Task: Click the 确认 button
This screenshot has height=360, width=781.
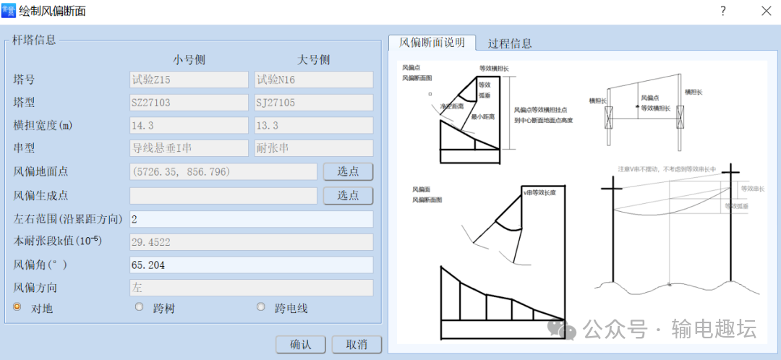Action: (x=300, y=344)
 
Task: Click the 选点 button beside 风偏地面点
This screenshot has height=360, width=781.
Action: (x=348, y=171)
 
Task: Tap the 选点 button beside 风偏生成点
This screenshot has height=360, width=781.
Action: (x=348, y=195)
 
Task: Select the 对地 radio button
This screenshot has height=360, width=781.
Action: (x=17, y=307)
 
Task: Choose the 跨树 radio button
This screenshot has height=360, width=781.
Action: (x=140, y=307)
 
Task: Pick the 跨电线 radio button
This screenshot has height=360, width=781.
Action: (x=261, y=307)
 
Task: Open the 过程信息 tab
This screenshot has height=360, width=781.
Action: (x=510, y=43)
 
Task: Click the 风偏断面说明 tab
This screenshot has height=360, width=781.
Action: (x=432, y=43)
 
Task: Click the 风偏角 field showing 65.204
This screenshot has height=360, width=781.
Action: (x=251, y=265)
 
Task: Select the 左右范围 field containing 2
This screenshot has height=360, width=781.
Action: (x=251, y=218)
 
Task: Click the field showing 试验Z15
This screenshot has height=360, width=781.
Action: (x=189, y=80)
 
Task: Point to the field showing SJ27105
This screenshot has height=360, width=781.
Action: (x=314, y=103)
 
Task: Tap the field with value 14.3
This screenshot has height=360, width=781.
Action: (x=189, y=126)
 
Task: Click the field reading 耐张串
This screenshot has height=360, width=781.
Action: (x=314, y=148)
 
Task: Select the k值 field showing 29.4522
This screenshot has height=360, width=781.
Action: (x=251, y=242)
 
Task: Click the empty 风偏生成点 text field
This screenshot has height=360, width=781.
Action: (x=223, y=195)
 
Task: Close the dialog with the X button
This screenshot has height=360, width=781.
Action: (x=766, y=11)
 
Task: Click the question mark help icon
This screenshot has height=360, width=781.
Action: (x=722, y=11)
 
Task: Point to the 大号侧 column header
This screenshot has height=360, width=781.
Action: (x=314, y=59)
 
